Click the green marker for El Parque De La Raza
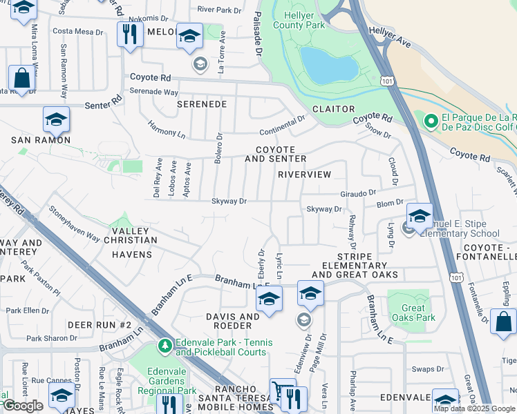pyautogui.click(x=431, y=122)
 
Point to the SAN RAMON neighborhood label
pyautogui.click(x=41, y=140)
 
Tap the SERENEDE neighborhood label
pyautogui.click(x=202, y=104)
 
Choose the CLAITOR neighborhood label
pyautogui.click(x=333, y=109)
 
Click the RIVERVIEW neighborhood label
pyautogui.click(x=304, y=175)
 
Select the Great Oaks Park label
pyautogui.click(x=413, y=313)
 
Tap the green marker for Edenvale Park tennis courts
pyautogui.click(x=164, y=345)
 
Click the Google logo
pyautogui.click(x=23, y=406)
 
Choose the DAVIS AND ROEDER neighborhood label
pyautogui.click(x=232, y=322)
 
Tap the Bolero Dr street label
pyautogui.click(x=218, y=146)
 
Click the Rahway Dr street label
pyautogui.click(x=352, y=233)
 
